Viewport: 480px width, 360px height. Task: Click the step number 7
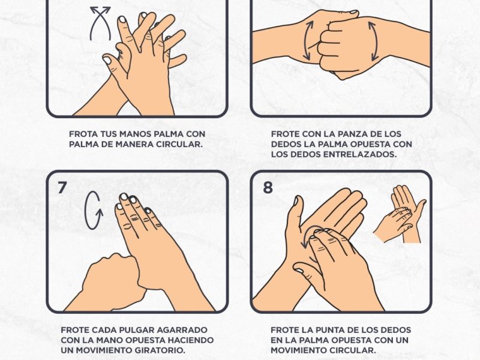(62, 188)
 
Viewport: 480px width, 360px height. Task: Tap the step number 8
(268, 187)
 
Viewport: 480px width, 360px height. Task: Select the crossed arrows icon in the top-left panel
(100, 23)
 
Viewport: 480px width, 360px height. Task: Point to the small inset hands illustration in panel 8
(400, 214)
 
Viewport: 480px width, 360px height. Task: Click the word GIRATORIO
(158, 350)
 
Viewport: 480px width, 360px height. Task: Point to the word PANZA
(355, 134)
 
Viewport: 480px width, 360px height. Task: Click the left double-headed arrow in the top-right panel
(308, 40)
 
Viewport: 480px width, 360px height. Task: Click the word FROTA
(80, 134)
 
